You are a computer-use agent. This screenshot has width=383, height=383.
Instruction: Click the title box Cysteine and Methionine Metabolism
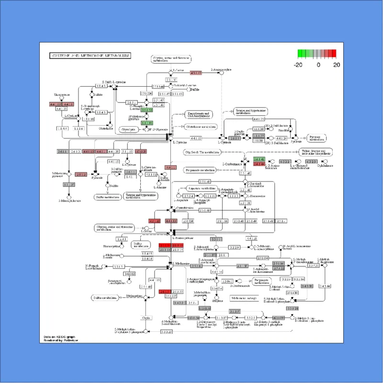[x=90, y=56]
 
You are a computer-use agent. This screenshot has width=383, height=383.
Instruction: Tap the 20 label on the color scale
[x=336, y=64]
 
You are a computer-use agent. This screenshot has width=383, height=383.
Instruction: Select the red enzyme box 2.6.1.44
[x=259, y=164]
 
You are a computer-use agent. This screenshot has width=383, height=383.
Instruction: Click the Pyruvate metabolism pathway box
[x=315, y=138]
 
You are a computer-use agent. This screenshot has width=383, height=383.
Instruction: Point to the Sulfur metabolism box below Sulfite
[x=107, y=196]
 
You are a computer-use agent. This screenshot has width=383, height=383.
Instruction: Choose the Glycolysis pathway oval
[x=128, y=129]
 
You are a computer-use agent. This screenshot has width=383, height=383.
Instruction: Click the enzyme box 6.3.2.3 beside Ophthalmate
[x=311, y=161]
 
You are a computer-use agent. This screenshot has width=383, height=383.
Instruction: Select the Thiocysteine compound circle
[x=61, y=99]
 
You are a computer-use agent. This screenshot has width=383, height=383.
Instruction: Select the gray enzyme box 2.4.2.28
[x=307, y=286]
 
